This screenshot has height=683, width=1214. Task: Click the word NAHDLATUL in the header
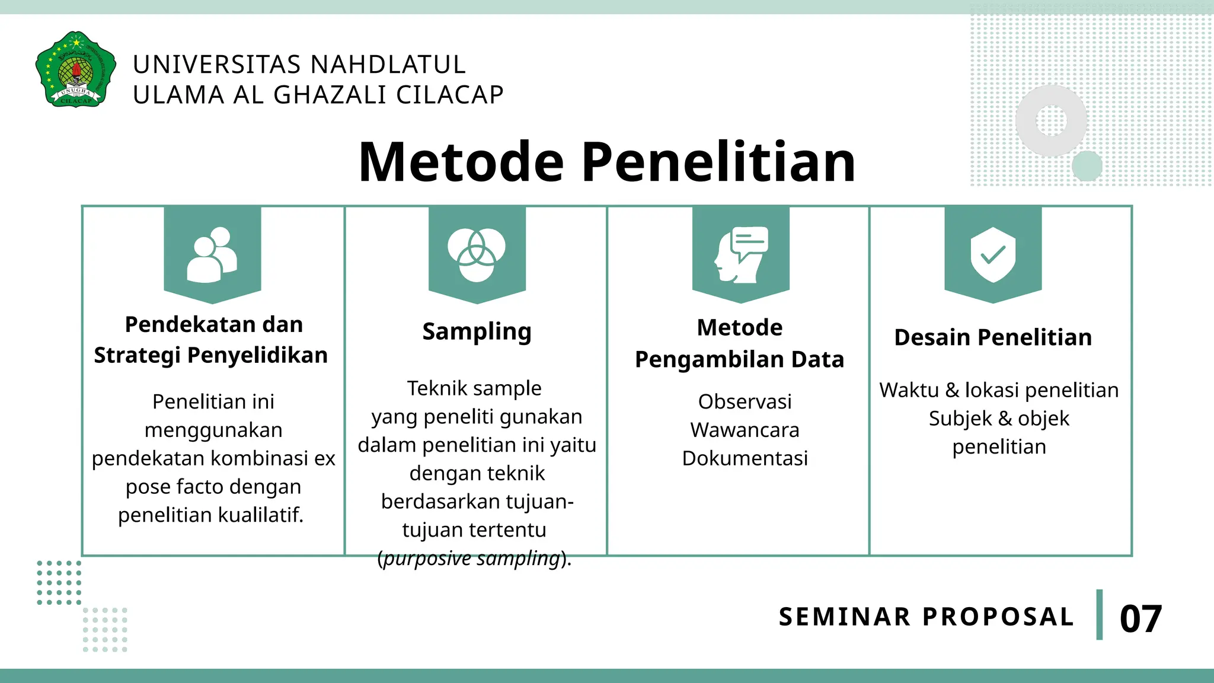coord(388,65)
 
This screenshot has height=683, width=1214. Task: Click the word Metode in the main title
coord(461,162)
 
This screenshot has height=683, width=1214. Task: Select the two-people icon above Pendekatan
coord(212,255)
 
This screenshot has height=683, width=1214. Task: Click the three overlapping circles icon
coord(477,255)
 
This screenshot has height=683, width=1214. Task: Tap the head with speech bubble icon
coord(740,255)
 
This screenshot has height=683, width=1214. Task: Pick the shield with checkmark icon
coord(993,255)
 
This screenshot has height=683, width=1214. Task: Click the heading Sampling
coord(477,331)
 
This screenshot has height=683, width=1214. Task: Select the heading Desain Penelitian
coord(993,337)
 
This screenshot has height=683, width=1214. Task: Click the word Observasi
coord(745,402)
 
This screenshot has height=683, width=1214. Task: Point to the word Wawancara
coord(745,430)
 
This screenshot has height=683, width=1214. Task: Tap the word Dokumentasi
coord(745,458)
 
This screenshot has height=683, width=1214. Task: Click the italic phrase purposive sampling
coord(472,558)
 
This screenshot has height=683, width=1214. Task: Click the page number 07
coord(1140,619)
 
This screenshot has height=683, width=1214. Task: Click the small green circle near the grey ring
coord(1087,166)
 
